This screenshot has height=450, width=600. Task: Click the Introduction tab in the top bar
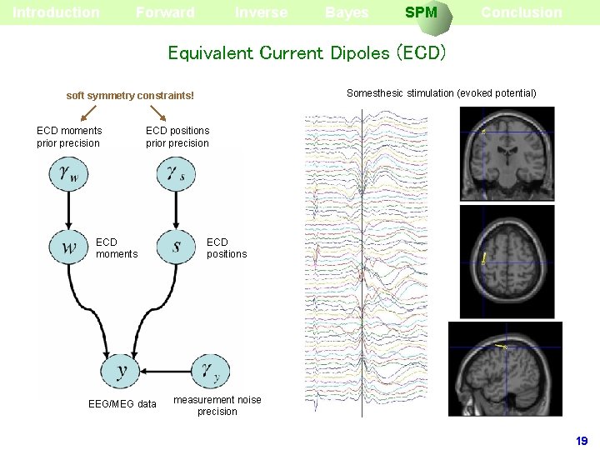(56, 12)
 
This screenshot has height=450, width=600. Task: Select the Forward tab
(165, 12)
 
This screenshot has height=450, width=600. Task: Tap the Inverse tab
(261, 12)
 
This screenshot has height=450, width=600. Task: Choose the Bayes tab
(347, 12)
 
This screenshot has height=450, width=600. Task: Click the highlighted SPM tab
(421, 12)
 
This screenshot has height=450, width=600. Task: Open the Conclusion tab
(521, 12)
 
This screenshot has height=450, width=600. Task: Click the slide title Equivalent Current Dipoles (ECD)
(307, 53)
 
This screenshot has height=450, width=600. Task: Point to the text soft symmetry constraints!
(130, 97)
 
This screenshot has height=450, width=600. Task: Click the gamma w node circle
(69, 174)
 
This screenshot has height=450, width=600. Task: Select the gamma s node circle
(176, 174)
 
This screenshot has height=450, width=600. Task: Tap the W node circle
(69, 247)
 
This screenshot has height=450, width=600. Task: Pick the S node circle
(176, 247)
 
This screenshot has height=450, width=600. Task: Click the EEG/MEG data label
(122, 404)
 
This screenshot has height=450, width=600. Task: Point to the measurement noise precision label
(217, 406)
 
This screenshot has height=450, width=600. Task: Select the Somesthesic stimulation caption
(442, 93)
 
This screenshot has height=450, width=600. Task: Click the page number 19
(582, 441)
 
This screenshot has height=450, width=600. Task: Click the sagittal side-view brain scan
(505, 367)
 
